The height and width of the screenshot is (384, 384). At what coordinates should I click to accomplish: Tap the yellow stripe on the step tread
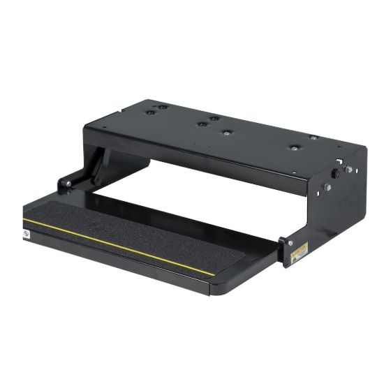pos(119,244)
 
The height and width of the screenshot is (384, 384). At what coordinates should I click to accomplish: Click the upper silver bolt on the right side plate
pos(348,169)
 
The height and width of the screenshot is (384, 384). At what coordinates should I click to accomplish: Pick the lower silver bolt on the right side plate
pos(327,187)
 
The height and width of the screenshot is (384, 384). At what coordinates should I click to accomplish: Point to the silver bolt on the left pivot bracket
pos(68,184)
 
